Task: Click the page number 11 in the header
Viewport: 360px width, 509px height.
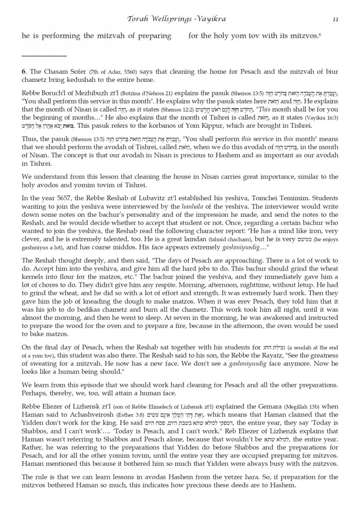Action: point(335,19)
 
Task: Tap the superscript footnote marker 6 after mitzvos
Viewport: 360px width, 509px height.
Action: point(320,34)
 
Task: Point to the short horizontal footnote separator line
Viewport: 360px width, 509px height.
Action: point(44,56)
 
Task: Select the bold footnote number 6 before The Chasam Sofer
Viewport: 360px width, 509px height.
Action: point(24,71)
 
